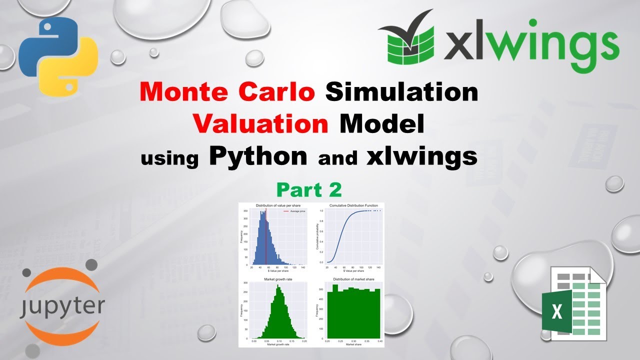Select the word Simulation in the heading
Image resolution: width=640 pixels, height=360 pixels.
(x=401, y=93)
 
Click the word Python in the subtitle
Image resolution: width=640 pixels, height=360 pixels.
(x=258, y=156)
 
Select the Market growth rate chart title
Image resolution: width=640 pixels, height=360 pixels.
(x=274, y=279)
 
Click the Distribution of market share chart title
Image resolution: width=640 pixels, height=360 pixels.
(x=353, y=279)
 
